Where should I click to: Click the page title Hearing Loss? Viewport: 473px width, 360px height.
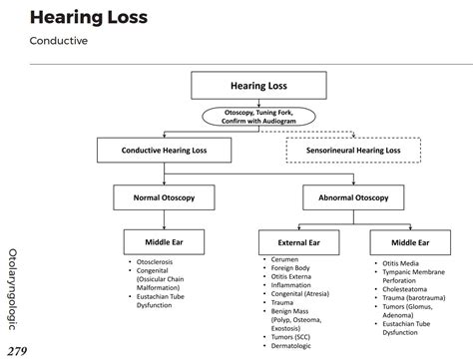(88, 18)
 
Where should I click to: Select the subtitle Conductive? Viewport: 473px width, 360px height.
(59, 42)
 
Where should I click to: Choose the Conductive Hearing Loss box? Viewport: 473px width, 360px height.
(164, 151)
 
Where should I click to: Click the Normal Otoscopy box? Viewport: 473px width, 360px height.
(164, 197)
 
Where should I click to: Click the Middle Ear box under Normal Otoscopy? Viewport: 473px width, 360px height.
(164, 241)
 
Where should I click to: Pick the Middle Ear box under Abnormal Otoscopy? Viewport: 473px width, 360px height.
(411, 242)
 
